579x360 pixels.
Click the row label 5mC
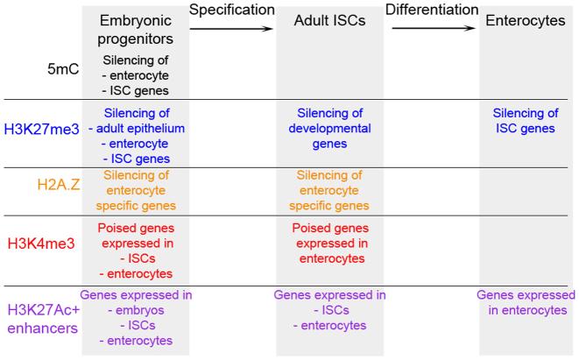click(x=62, y=68)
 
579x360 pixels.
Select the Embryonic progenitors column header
click(x=135, y=29)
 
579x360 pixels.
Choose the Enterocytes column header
click(x=526, y=21)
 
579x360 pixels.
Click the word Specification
click(x=232, y=10)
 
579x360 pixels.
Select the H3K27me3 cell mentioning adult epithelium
click(x=135, y=135)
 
